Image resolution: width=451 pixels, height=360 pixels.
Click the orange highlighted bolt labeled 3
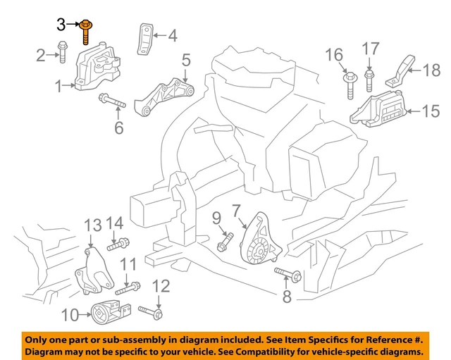pos(85,31)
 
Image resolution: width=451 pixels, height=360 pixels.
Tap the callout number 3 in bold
pos(61,25)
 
